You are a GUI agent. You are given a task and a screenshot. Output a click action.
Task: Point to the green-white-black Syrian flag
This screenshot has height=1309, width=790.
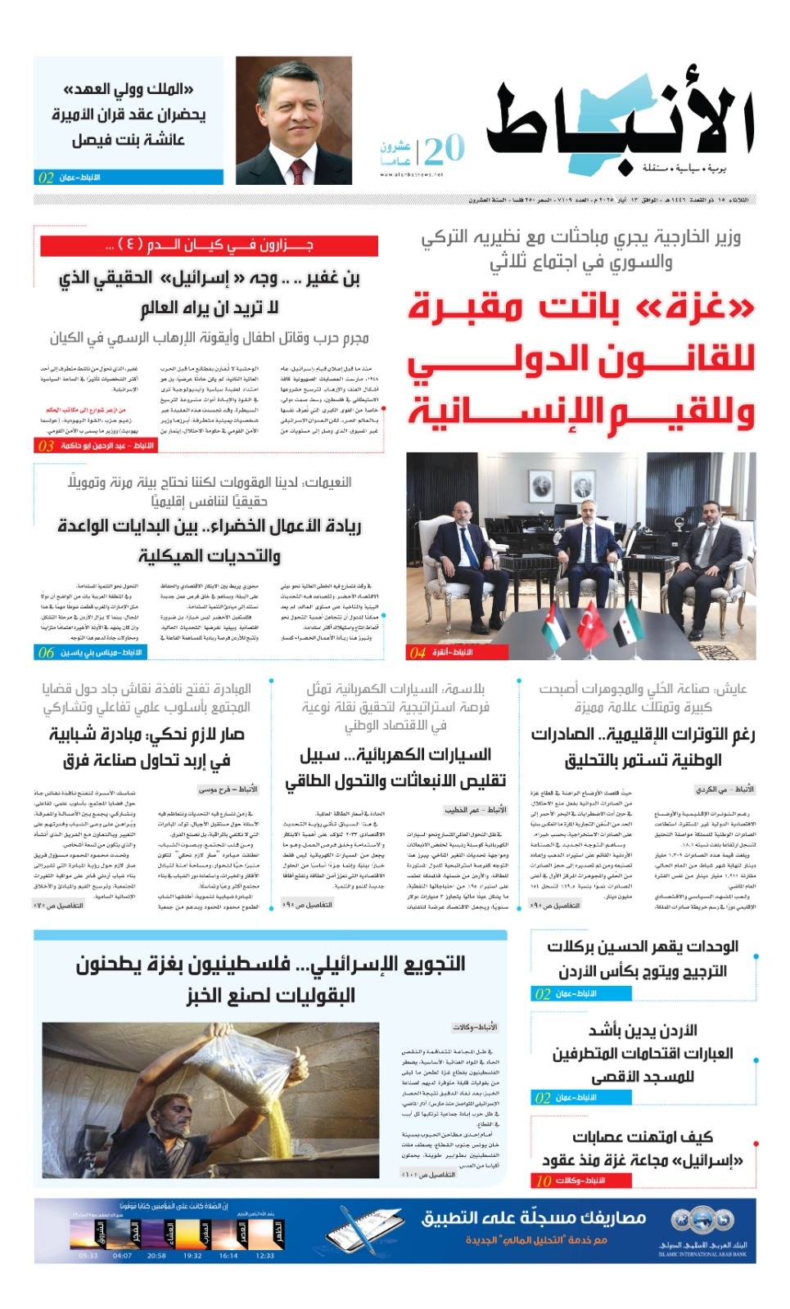pyautogui.click(x=630, y=625)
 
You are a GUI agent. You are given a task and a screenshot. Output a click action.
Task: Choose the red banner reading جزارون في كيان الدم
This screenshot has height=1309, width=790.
pyautogui.click(x=209, y=245)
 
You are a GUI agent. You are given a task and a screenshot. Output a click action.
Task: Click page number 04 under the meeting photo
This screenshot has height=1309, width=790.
pyautogui.click(x=418, y=652)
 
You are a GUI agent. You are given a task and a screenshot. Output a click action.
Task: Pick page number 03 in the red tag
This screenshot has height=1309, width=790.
pyautogui.click(x=46, y=446)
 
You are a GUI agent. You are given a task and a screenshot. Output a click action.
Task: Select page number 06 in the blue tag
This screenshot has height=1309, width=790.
pyautogui.click(x=46, y=652)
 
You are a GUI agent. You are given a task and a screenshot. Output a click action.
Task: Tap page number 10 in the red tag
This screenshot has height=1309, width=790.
pyautogui.click(x=543, y=1181)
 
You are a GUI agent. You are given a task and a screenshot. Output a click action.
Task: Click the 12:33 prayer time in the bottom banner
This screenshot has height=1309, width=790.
pyautogui.click(x=264, y=1255)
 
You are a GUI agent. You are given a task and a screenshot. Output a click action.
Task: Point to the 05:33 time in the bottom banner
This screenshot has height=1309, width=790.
pyautogui.click(x=88, y=1255)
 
